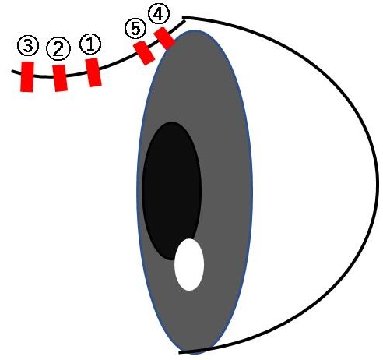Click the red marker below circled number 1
(x=93, y=72)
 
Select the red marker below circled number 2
(x=60, y=78)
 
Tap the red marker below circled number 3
(x=27, y=76)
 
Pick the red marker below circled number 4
(x=164, y=38)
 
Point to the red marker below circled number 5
(x=144, y=53)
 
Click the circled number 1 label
(x=90, y=44)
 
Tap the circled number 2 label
(x=58, y=49)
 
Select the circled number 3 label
(x=28, y=45)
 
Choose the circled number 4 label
(x=159, y=14)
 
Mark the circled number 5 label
(x=135, y=29)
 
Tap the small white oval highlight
(x=189, y=264)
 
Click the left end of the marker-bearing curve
(x=12, y=71)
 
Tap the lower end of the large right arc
(x=180, y=352)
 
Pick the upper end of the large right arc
(x=183, y=17)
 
